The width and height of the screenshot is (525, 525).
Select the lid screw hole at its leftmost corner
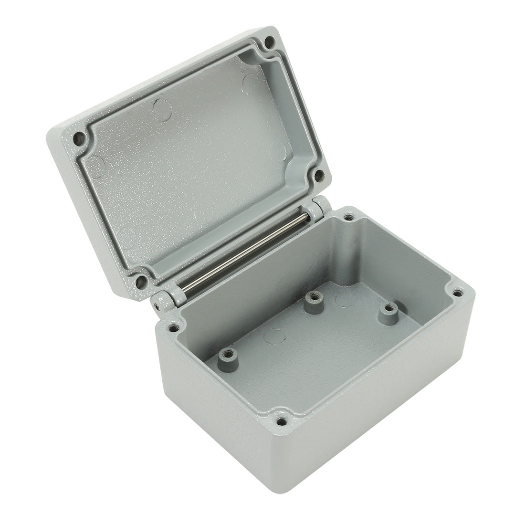pyautogui.click(x=79, y=139)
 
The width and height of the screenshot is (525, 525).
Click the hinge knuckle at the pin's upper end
pyautogui.click(x=316, y=210)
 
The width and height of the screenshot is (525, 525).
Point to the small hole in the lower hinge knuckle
pyautogui.click(x=157, y=303)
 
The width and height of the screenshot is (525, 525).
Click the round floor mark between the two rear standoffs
pyautogui.click(x=345, y=300)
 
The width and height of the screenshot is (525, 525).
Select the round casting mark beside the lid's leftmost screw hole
pyautogui.click(x=98, y=165)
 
